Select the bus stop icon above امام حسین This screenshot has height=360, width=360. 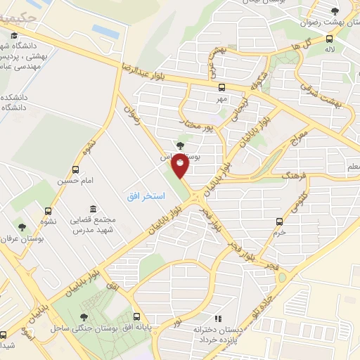coord(76,169)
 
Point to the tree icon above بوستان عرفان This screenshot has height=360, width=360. coord(21,227)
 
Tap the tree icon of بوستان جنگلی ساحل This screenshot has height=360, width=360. coord(84,317)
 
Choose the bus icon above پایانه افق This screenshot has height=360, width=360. coord(134,317)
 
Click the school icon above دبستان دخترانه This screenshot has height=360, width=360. coord(219,319)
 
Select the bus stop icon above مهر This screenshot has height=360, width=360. coord(221,89)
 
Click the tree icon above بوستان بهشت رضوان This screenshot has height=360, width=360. coord(335,11)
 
